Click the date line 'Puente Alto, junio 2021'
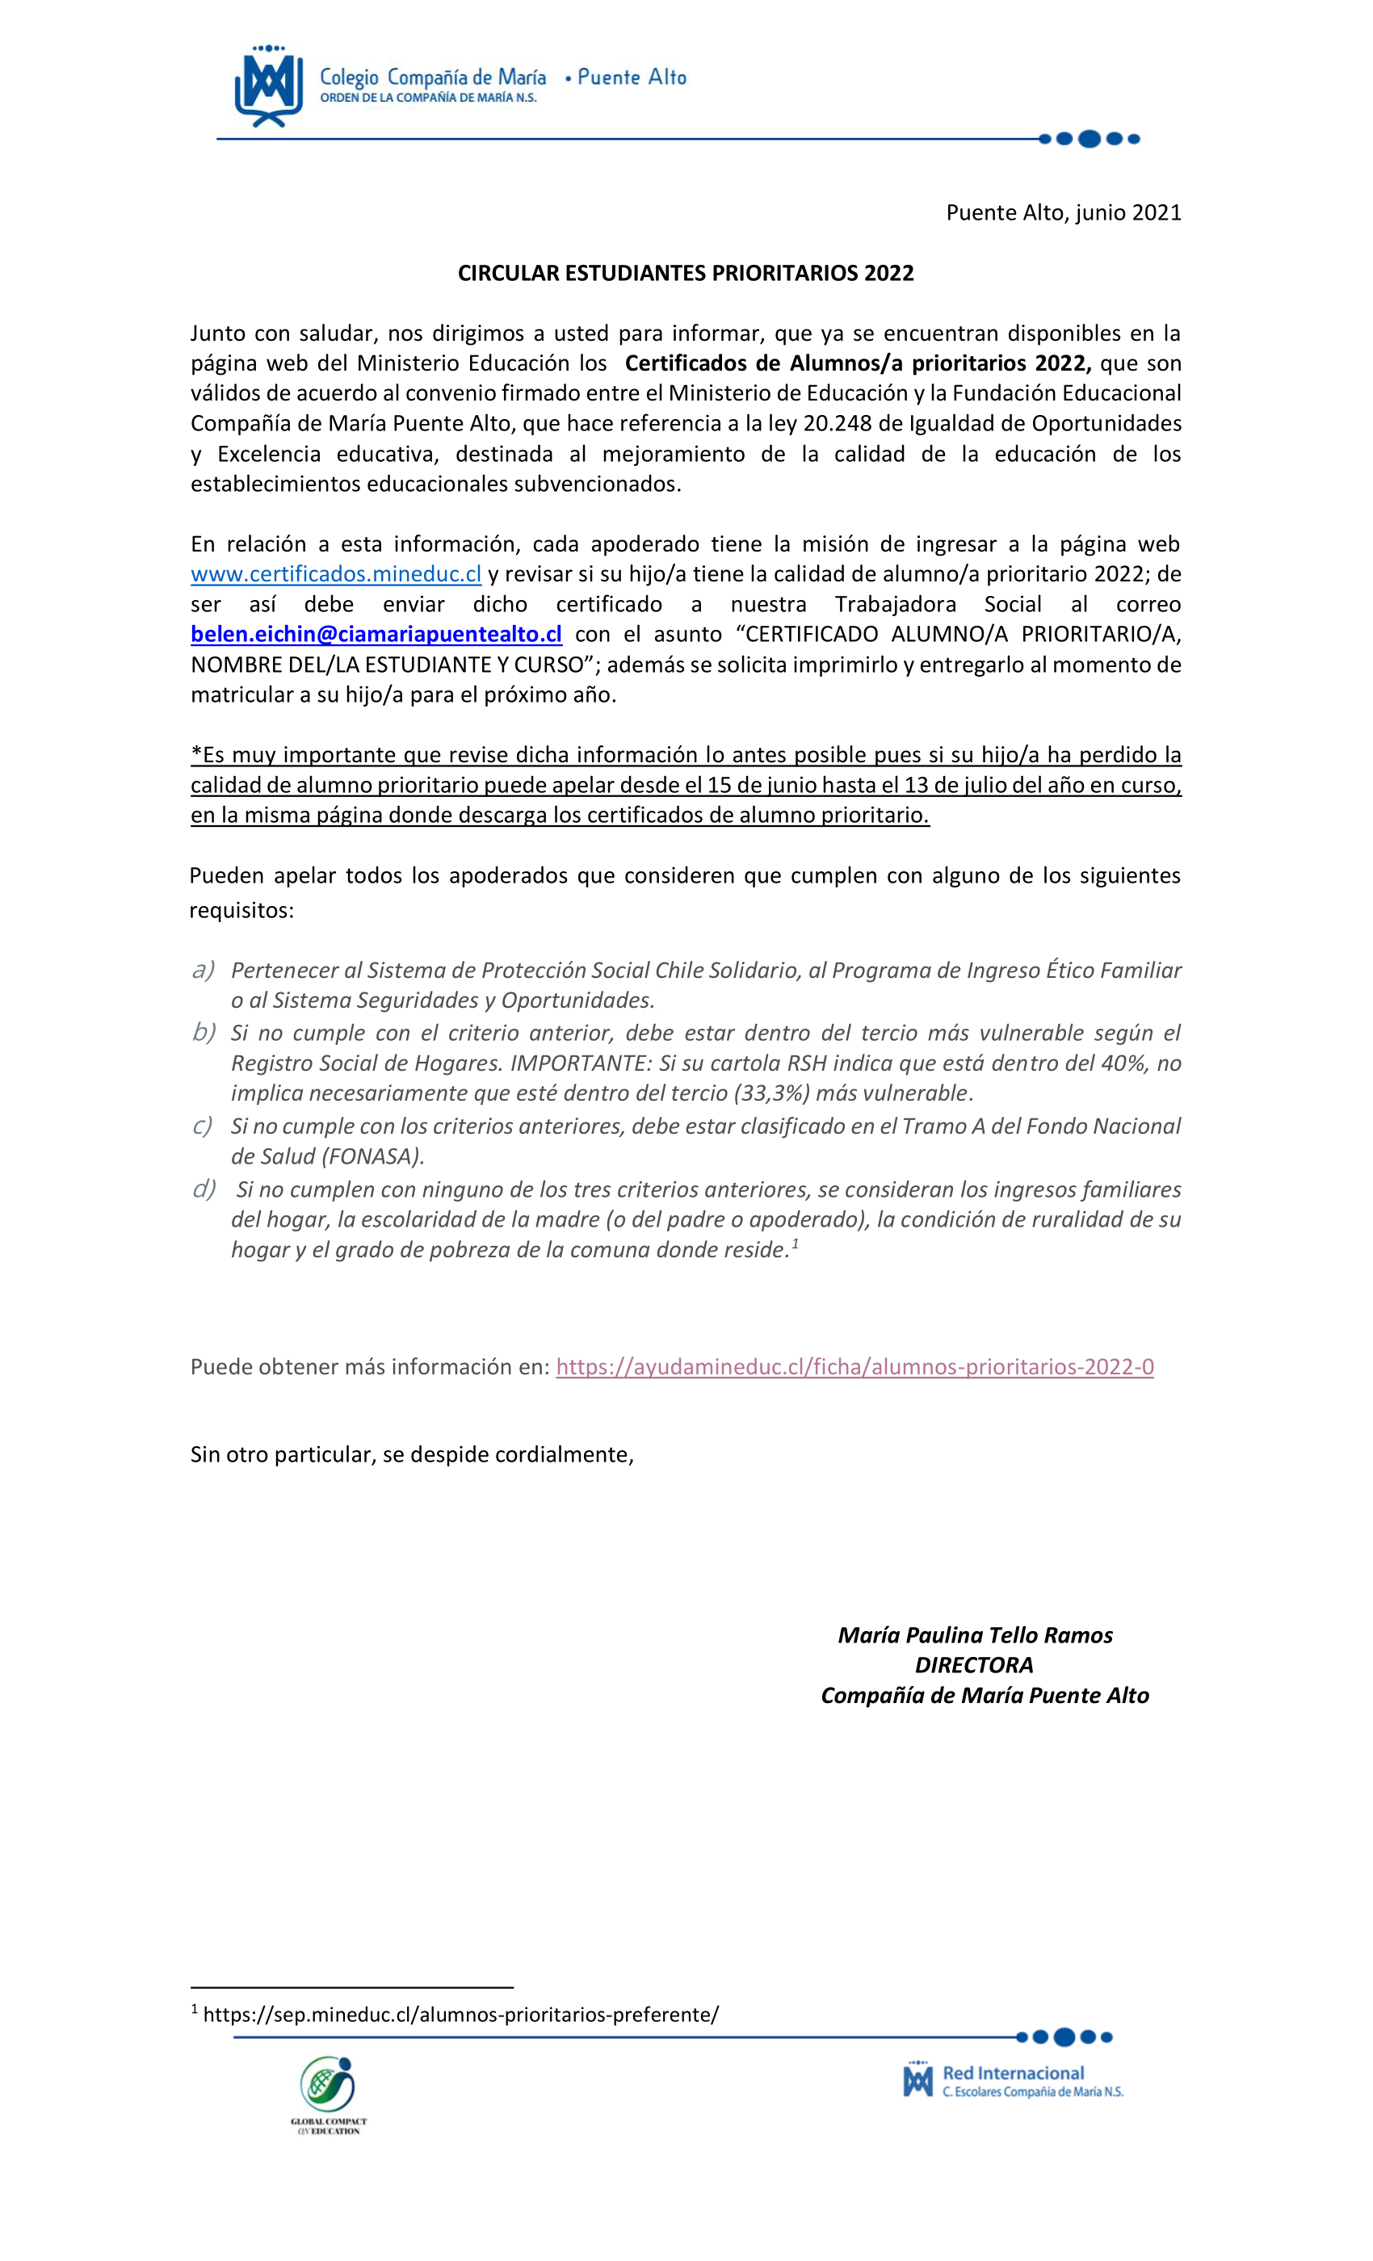pos(1063,213)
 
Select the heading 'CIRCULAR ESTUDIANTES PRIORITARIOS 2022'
pos(686,274)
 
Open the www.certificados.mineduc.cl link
pos(336,574)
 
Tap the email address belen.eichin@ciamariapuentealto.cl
pos(376,634)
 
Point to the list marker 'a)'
pos(203,970)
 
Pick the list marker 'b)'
pos(204,1032)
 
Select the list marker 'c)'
pos(203,1126)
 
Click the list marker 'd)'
pos(204,1189)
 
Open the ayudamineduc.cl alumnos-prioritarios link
pos(854,1366)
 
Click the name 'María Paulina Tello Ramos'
pos(975,1635)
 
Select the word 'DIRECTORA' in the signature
pos(974,1665)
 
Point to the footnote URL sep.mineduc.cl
pos(460,2014)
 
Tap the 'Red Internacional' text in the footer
pos(1014,2073)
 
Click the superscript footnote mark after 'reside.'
pos(795,1244)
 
